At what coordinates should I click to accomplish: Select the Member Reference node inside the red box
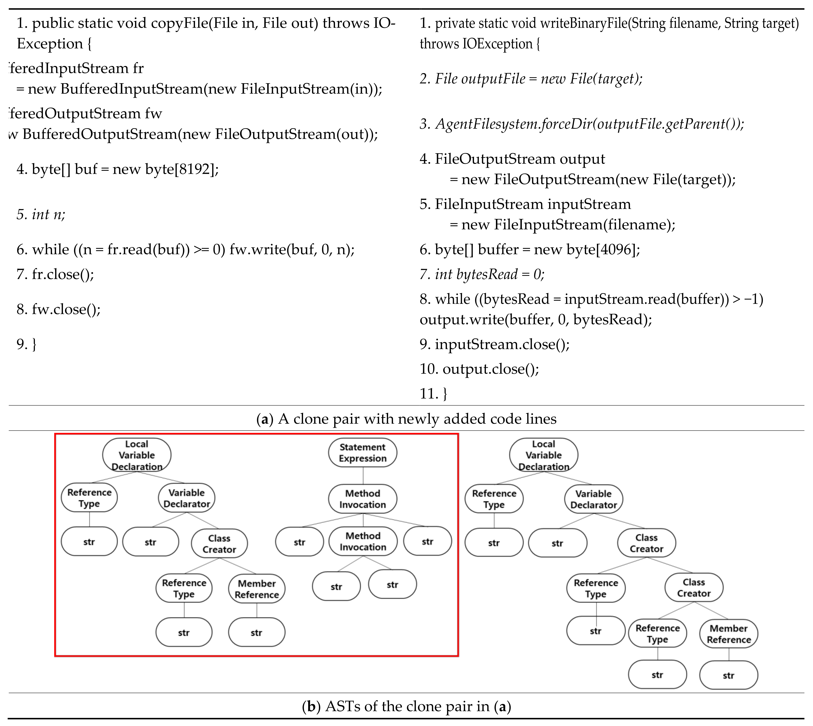[257, 589]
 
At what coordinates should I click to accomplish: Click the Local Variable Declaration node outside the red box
[543, 455]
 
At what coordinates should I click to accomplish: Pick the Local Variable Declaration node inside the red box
[136, 455]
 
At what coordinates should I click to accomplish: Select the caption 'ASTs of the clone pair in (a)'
[406, 706]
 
